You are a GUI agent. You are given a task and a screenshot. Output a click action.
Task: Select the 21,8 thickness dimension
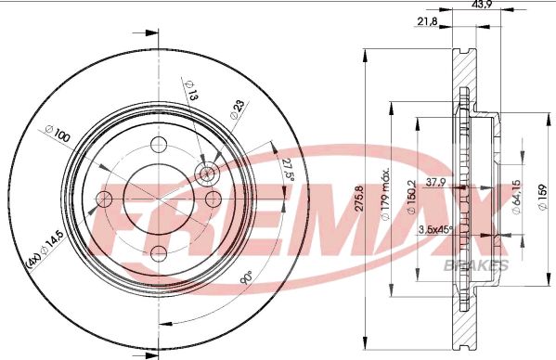429,20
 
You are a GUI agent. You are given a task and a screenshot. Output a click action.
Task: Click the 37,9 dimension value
434,182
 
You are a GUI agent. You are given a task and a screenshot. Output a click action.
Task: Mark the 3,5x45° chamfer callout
434,229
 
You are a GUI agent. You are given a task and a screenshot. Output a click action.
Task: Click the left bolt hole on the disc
105,199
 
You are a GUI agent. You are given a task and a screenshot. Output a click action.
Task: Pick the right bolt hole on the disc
213,199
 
